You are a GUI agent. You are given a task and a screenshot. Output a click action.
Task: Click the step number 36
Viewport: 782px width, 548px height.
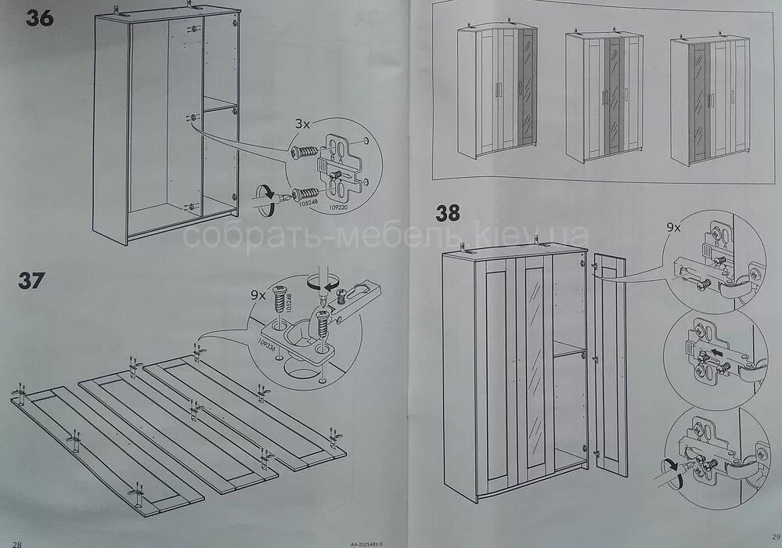pyautogui.click(x=39, y=18)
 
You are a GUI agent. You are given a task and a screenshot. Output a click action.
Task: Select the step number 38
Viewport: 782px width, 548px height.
pyautogui.click(x=449, y=213)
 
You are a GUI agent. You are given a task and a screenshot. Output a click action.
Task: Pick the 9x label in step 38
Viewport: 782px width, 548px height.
pyautogui.click(x=673, y=227)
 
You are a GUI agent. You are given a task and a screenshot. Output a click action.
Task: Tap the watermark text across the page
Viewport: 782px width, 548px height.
pyautogui.click(x=384, y=234)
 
